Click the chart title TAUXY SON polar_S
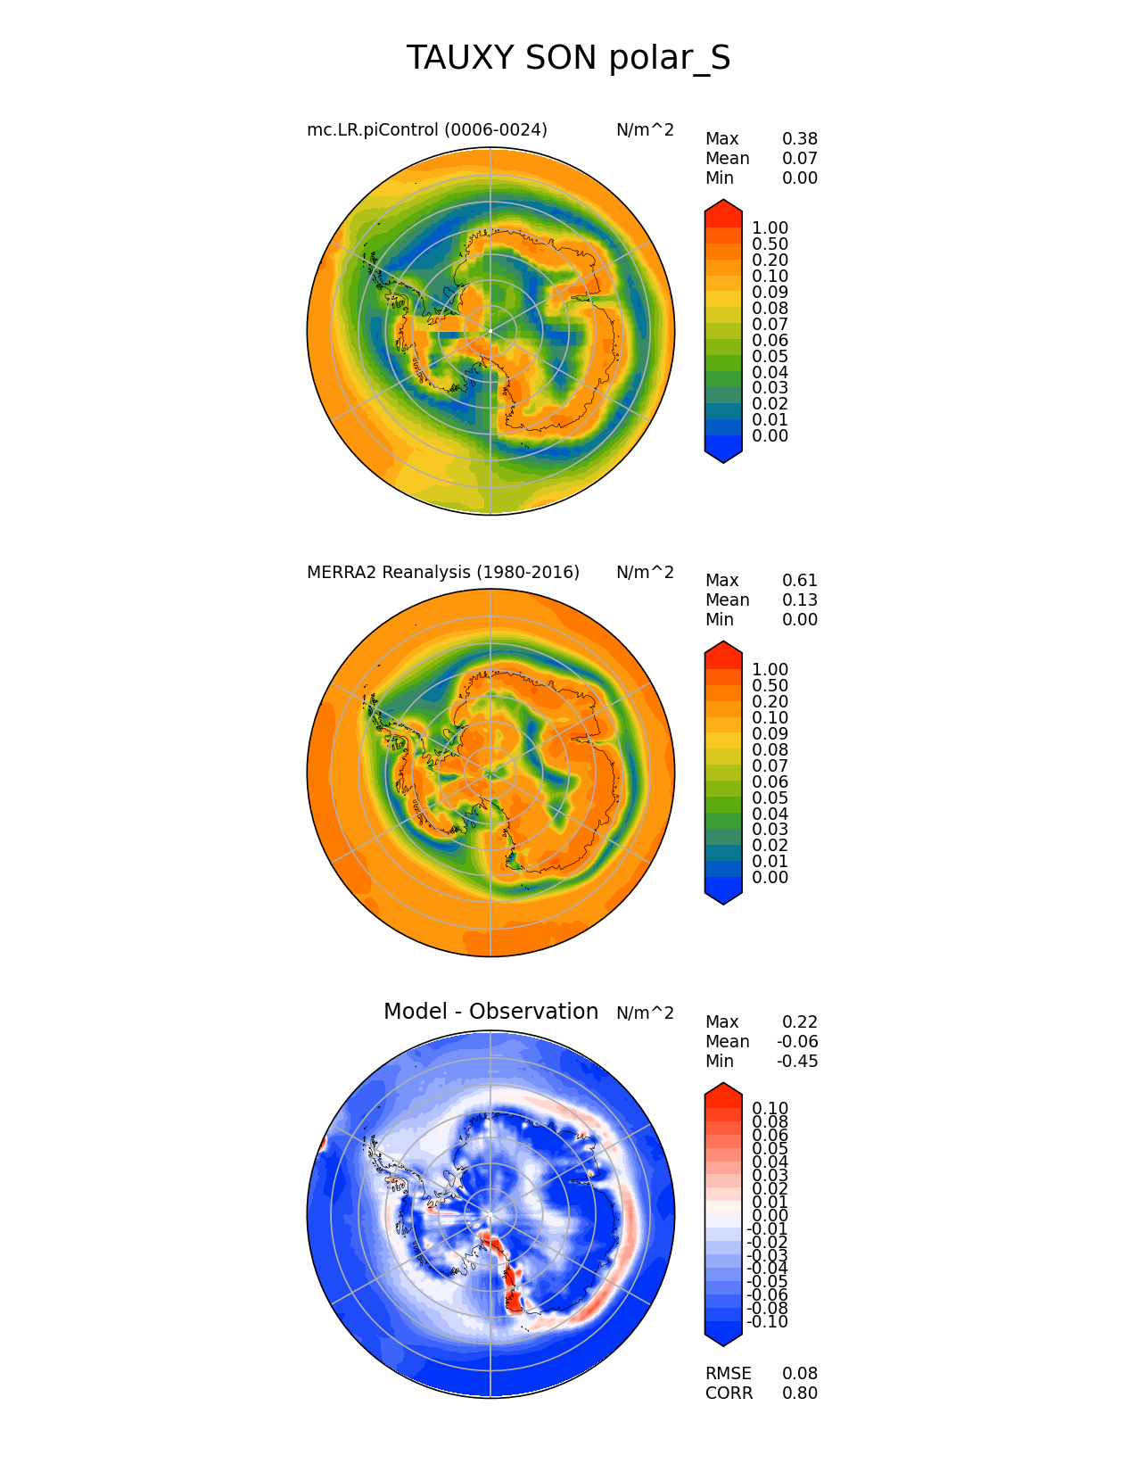point(568,59)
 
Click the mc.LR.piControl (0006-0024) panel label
point(426,130)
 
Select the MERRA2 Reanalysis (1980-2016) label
point(442,572)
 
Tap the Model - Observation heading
point(490,1012)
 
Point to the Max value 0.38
point(799,139)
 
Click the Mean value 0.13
point(799,600)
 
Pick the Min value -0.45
point(796,1062)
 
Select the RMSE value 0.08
point(799,1374)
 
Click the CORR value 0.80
point(799,1393)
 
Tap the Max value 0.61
point(799,581)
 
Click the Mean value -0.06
point(796,1042)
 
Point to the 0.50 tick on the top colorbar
point(770,244)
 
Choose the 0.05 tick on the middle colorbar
point(770,798)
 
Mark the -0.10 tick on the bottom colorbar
point(767,1322)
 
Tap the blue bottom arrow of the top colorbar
point(723,455)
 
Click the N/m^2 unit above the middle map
point(645,572)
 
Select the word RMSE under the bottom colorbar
point(728,1374)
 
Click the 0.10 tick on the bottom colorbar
point(770,1109)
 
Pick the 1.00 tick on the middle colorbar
point(770,670)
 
